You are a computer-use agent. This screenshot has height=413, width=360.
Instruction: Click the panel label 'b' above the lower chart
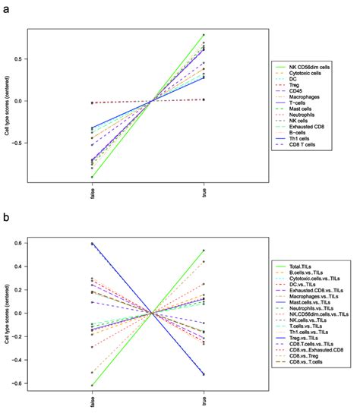coord(5,219)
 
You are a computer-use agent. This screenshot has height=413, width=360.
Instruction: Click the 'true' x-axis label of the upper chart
coord(205,194)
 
